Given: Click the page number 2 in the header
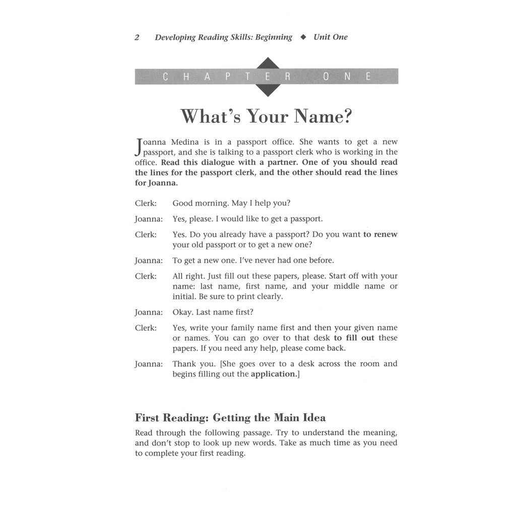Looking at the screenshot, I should (x=137, y=37).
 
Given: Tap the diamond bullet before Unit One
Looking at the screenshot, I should (x=303, y=37).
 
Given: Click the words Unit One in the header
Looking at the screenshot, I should (x=331, y=37).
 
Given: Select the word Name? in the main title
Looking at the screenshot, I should (x=322, y=116).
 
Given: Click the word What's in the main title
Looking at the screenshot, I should (x=207, y=116).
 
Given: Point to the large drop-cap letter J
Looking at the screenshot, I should (x=139, y=147).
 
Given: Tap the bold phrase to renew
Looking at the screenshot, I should (x=380, y=235).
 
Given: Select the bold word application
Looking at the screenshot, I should (x=274, y=374).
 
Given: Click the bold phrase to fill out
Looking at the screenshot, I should (x=354, y=338).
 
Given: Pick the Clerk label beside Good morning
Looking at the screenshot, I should (x=146, y=204).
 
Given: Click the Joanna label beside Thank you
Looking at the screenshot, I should (x=149, y=364).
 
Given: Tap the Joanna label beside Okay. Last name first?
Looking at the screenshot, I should (x=149, y=312).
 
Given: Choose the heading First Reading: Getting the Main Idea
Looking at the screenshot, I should (x=230, y=418).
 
